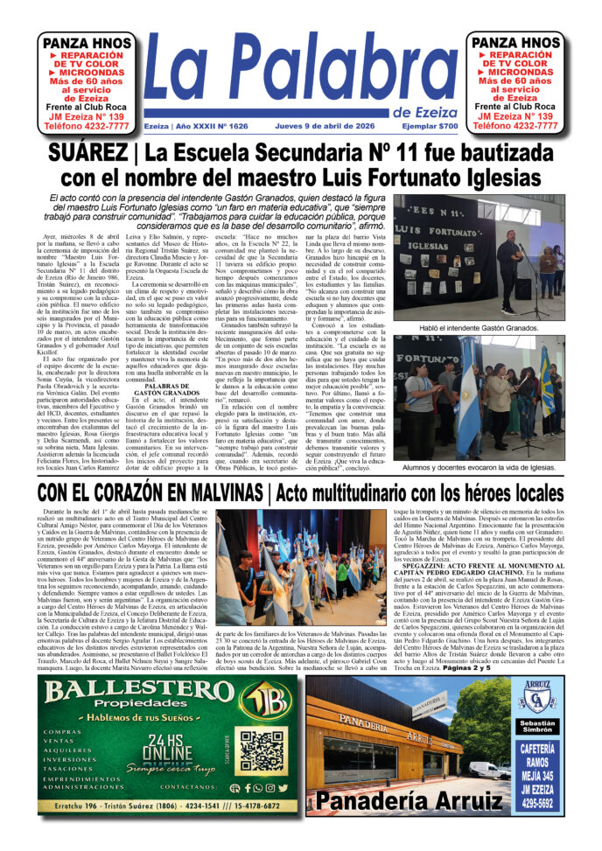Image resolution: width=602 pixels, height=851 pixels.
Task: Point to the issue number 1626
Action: (x=234, y=126)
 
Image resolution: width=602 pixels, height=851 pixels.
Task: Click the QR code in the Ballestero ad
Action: (x=262, y=750)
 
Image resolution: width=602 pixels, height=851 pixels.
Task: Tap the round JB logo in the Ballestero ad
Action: (x=270, y=699)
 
